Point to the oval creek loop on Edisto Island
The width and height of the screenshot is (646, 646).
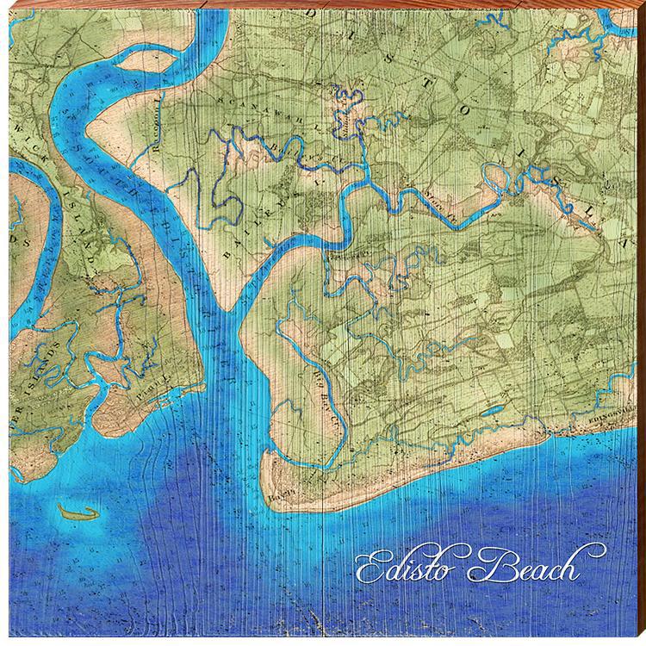coord(500,180)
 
